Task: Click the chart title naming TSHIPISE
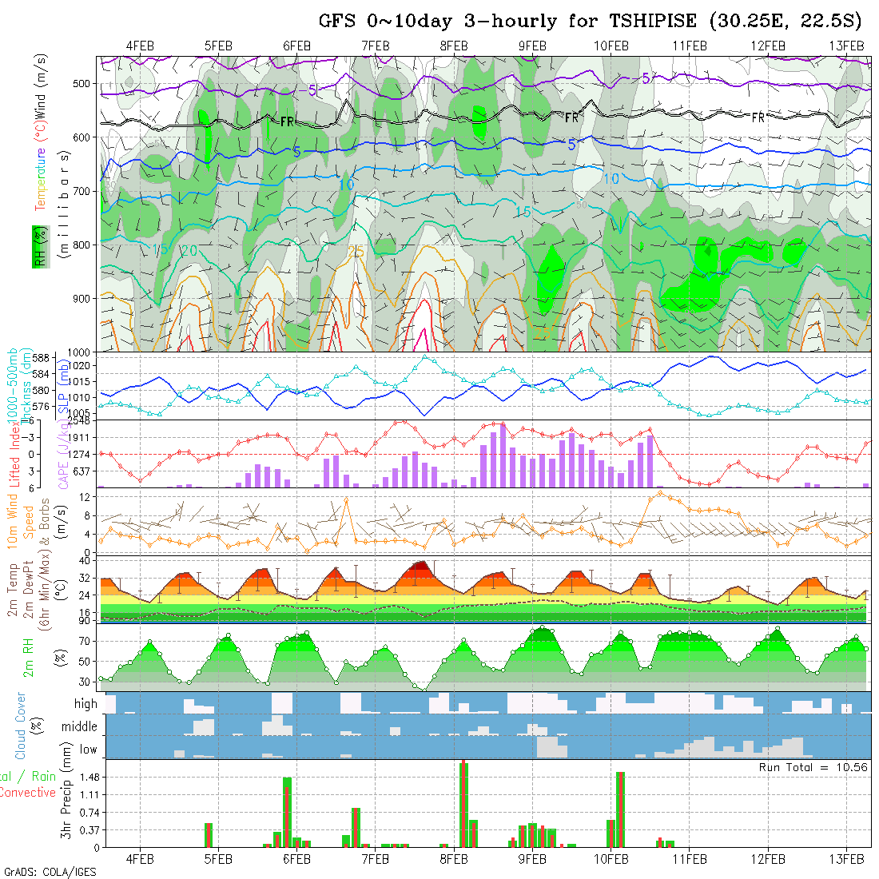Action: pyautogui.click(x=591, y=21)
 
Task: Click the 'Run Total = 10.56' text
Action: pyautogui.click(x=813, y=767)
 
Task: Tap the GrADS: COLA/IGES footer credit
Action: pyautogui.click(x=50, y=872)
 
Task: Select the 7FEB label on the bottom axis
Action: pyautogui.click(x=375, y=859)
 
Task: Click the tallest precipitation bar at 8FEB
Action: pyautogui.click(x=463, y=804)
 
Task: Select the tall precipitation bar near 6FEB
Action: pyautogui.click(x=287, y=811)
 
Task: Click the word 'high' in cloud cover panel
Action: pyautogui.click(x=86, y=704)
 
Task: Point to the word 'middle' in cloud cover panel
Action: pyautogui.click(x=80, y=726)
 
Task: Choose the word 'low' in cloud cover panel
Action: pyautogui.click(x=89, y=749)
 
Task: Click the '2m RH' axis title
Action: pyautogui.click(x=28, y=658)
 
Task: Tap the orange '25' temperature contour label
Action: pyautogui.click(x=356, y=253)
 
